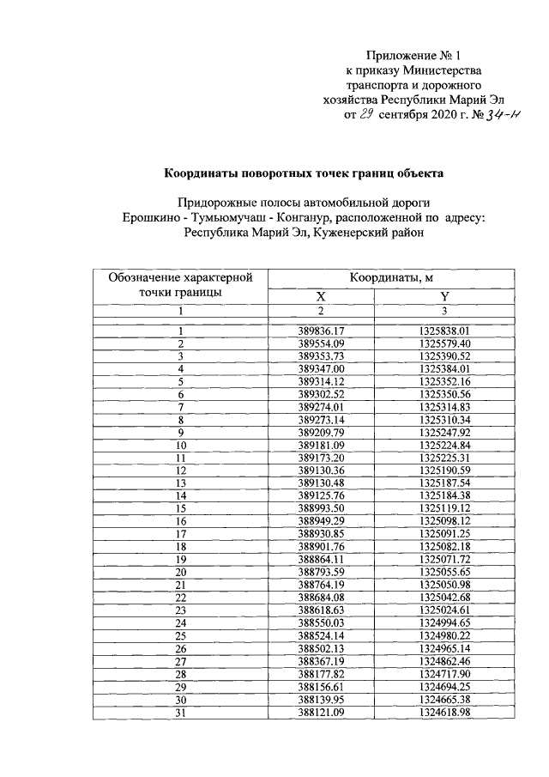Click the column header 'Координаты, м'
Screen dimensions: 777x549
point(390,277)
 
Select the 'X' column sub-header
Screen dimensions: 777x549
point(319,295)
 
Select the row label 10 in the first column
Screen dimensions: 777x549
point(181,446)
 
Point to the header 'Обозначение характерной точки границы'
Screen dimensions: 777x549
point(181,284)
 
